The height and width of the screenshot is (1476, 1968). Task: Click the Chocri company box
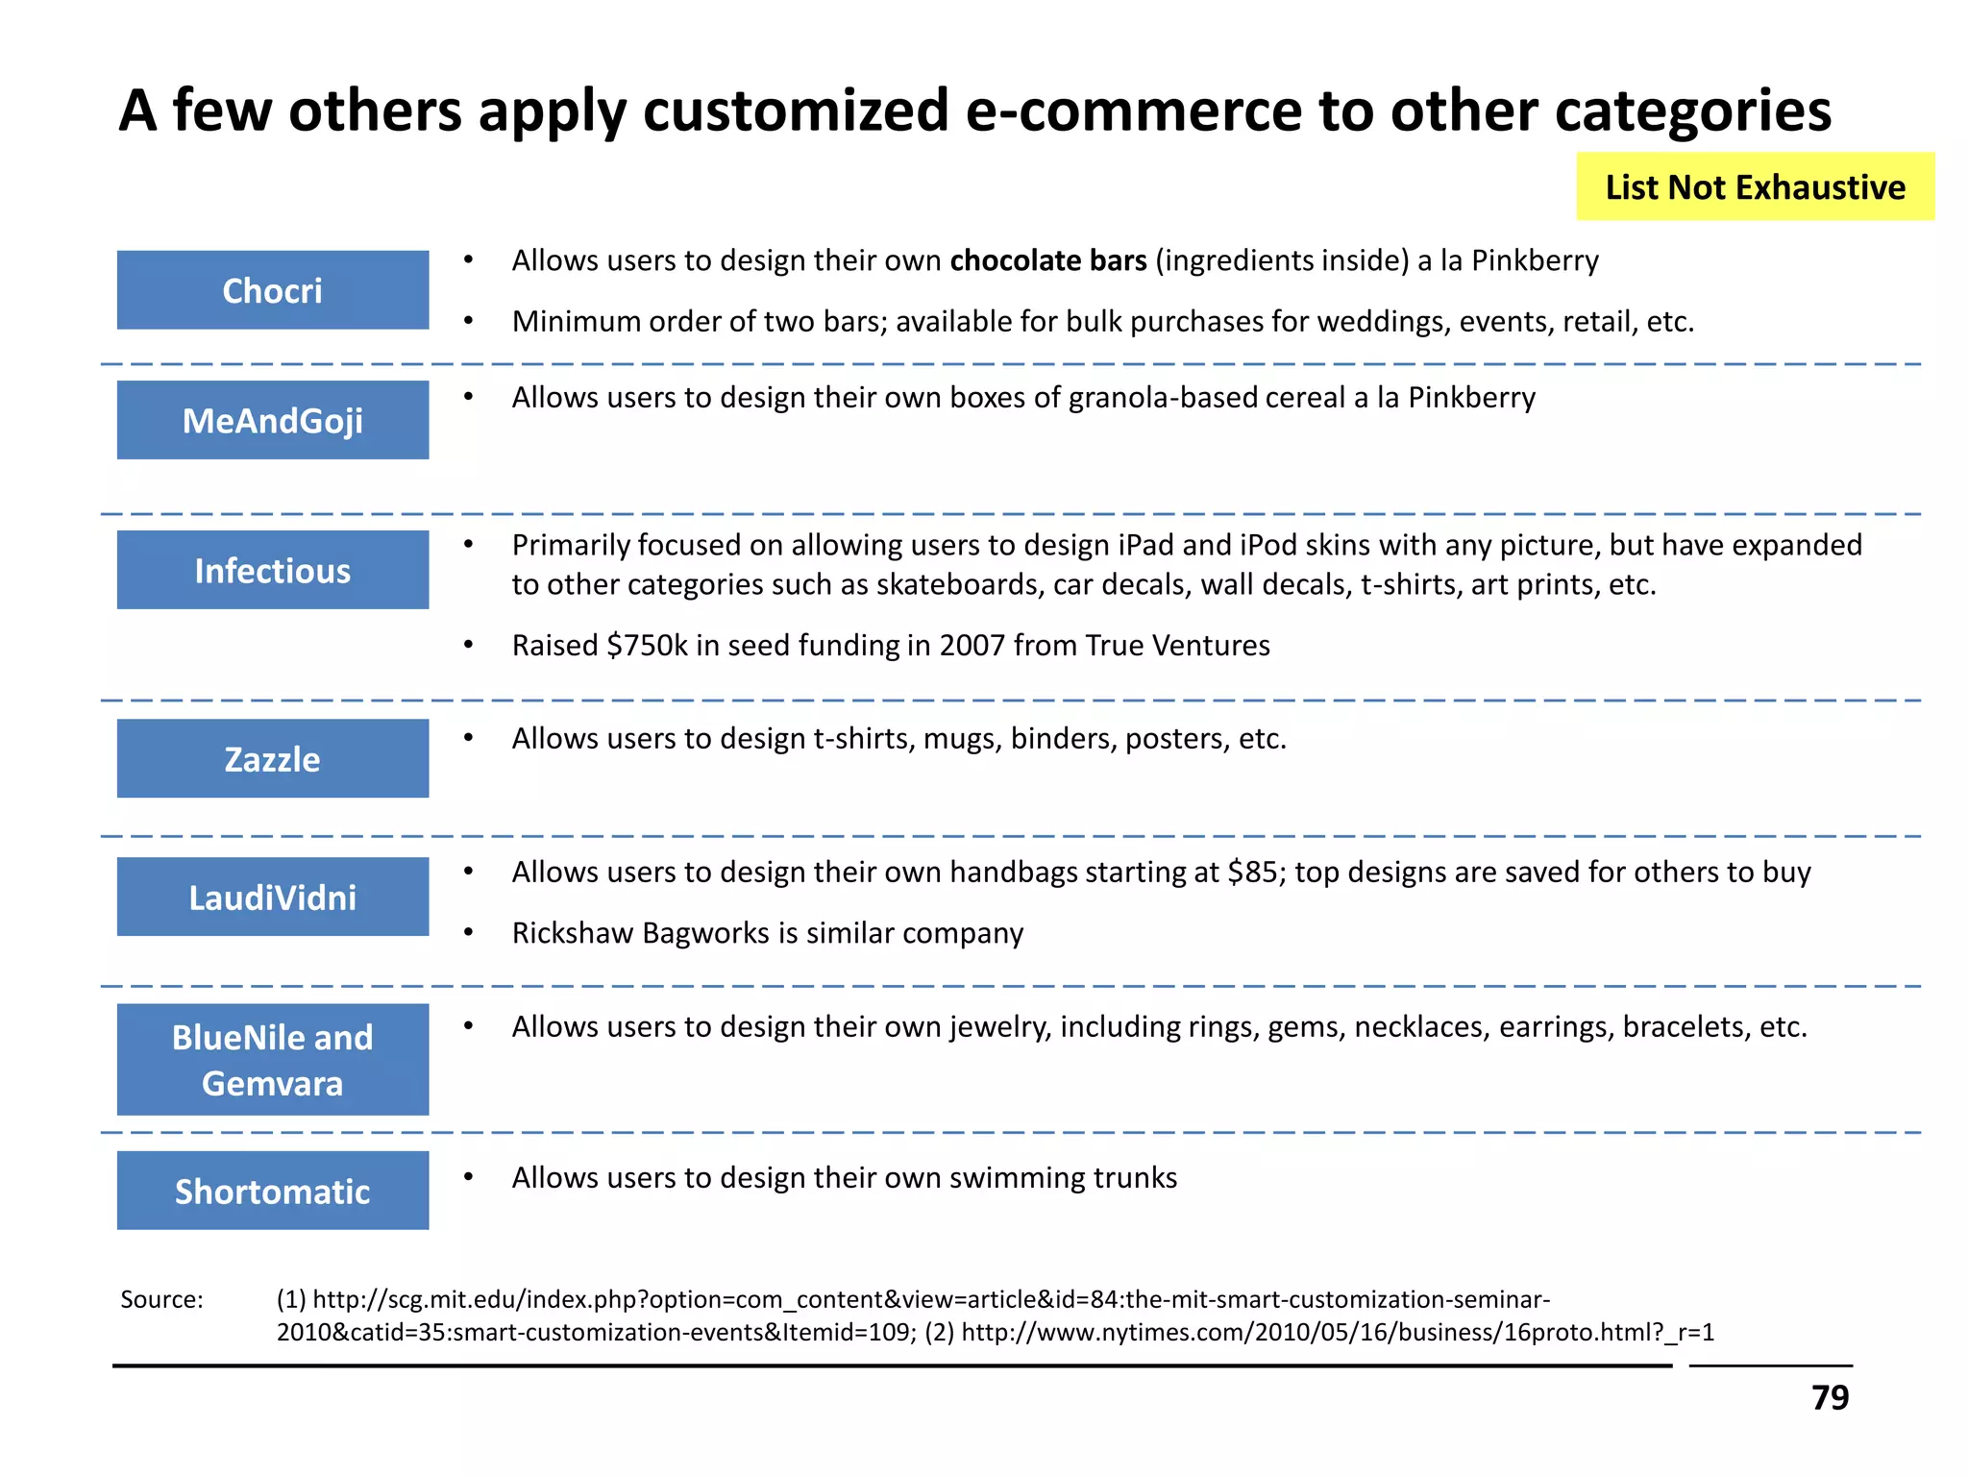click(273, 290)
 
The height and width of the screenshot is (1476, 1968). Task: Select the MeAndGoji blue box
click(273, 420)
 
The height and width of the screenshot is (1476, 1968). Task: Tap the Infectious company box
click(273, 570)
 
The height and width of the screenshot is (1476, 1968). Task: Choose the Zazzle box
click(273, 758)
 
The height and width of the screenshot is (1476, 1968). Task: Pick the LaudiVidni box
click(273, 897)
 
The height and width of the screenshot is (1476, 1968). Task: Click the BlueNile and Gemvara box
click(273, 1059)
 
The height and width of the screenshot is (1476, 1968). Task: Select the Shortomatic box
click(273, 1191)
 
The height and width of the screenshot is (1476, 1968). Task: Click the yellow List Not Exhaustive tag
click(1755, 186)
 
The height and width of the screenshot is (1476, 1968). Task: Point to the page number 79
click(1830, 1397)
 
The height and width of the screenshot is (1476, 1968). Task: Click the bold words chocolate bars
click(1047, 260)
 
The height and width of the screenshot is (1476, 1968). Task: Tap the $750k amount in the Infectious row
click(647, 645)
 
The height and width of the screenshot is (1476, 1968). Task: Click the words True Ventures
click(1177, 645)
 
